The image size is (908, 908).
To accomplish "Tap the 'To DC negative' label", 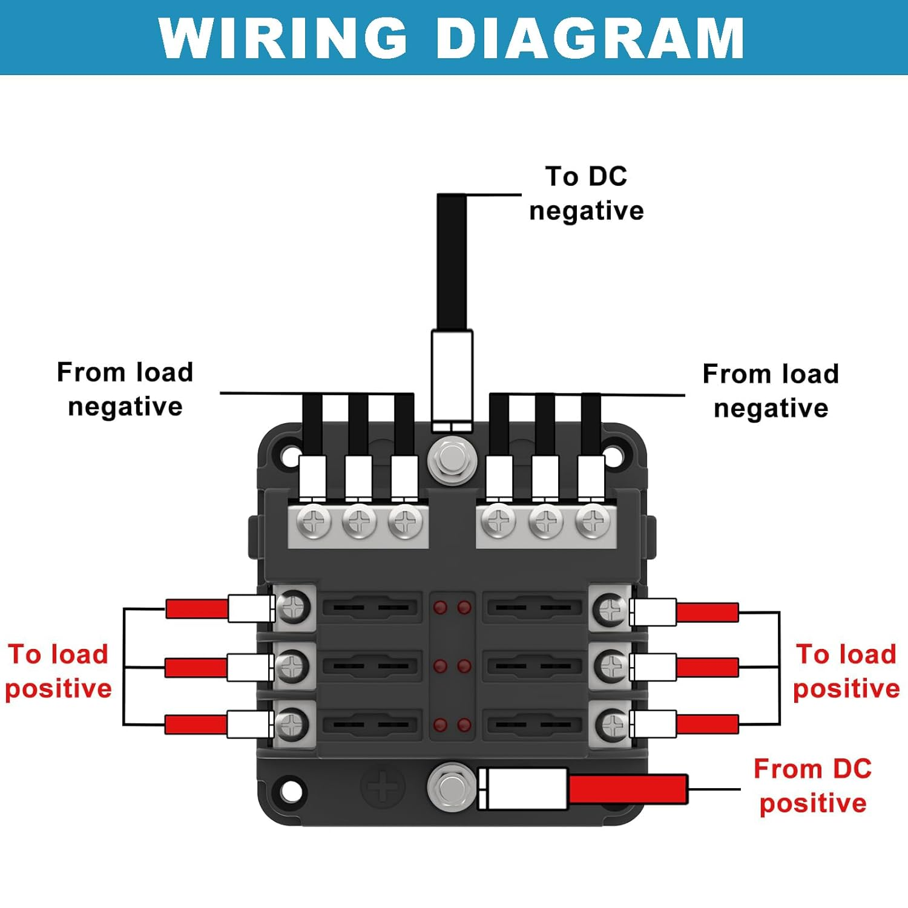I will pos(586,194).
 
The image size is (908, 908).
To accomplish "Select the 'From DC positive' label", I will pos(812,786).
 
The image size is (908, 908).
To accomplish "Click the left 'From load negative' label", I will pos(125,389).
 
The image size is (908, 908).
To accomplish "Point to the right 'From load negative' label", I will pos(771,391).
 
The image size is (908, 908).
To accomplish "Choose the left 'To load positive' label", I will pos(58,671).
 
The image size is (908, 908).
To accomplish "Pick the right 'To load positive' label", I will pos(846,671).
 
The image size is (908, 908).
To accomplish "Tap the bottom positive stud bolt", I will pos(451,787).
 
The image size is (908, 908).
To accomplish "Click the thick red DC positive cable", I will pos(628,789).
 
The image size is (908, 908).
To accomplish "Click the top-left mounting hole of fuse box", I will pos(291,455).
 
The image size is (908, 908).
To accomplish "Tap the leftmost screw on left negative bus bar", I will pos(315,521).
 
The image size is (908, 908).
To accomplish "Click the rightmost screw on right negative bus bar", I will pos(592,521).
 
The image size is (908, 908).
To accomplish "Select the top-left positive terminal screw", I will pos(294,607).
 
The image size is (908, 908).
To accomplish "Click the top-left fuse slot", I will pos(370,607).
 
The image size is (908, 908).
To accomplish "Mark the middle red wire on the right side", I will pos(707,668).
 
